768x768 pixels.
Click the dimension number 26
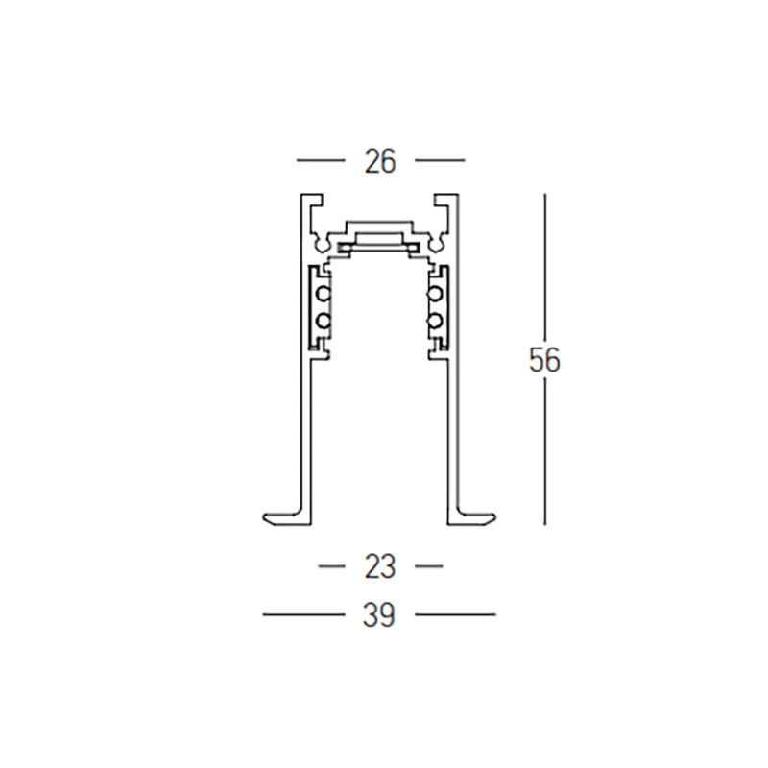click(380, 161)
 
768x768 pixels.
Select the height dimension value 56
click(544, 360)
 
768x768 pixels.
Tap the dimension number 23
click(380, 567)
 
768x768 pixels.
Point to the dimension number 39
click(379, 615)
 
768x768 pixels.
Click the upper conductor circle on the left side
click(324, 295)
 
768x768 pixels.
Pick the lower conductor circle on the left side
click(324, 322)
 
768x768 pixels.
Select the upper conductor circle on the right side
click(435, 295)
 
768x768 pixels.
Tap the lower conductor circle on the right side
click(435, 322)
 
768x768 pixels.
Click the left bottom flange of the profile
click(287, 518)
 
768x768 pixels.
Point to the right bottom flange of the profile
click(471, 518)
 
